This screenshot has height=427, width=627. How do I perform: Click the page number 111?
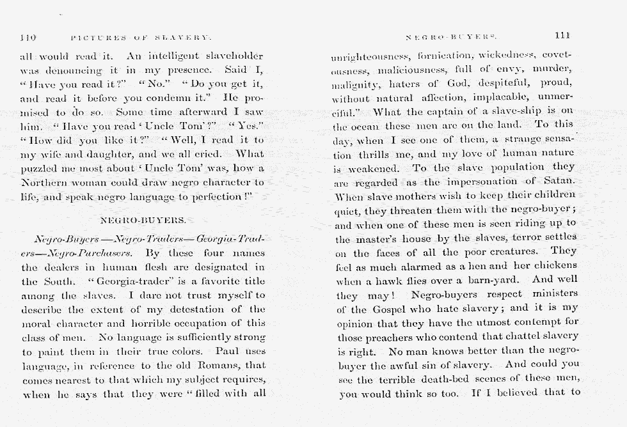click(x=563, y=36)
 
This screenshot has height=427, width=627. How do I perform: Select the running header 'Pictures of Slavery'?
click(x=141, y=38)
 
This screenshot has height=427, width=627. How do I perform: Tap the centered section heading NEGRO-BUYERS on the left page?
click(x=144, y=221)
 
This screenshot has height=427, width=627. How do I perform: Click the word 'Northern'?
click(x=44, y=183)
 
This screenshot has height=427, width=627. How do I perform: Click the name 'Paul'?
click(x=227, y=351)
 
